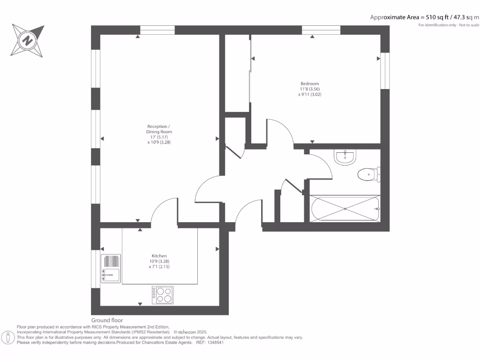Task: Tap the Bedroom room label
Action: click(x=309, y=84)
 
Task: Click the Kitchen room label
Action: click(x=159, y=256)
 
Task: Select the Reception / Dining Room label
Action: click(x=159, y=129)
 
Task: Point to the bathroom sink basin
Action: click(x=346, y=157)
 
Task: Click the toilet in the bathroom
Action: click(x=368, y=175)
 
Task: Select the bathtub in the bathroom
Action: click(x=345, y=209)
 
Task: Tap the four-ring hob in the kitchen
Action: click(x=162, y=294)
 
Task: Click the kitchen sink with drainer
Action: click(x=111, y=268)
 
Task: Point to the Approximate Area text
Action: click(x=425, y=17)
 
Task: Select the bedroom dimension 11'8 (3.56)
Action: click(x=309, y=89)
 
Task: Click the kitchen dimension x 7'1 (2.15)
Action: click(x=159, y=266)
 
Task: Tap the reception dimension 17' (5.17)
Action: click(x=159, y=137)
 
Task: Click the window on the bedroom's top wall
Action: click(x=321, y=30)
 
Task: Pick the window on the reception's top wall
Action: click(x=157, y=30)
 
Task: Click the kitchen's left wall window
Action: click(x=96, y=269)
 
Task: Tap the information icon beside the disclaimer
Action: click(x=8, y=337)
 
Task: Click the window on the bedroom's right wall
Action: click(x=385, y=70)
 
